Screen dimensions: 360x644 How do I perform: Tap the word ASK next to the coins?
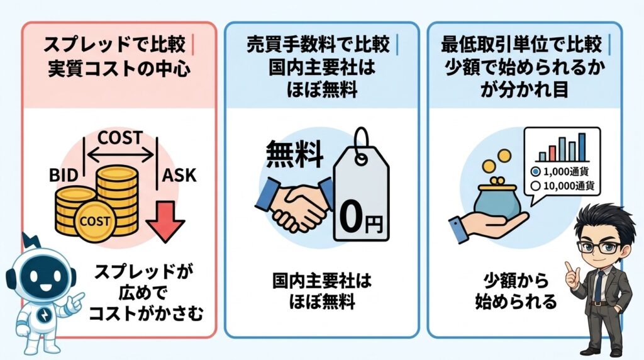pyautogui.click(x=180, y=174)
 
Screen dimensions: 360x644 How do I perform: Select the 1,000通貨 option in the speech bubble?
pyautogui.click(x=563, y=171)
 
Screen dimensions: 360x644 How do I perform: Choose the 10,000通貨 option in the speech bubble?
pyautogui.click(x=563, y=186)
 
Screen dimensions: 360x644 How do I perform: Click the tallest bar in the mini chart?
pyautogui.click(x=582, y=145)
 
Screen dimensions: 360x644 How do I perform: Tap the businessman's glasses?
pyautogui.click(x=599, y=247)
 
